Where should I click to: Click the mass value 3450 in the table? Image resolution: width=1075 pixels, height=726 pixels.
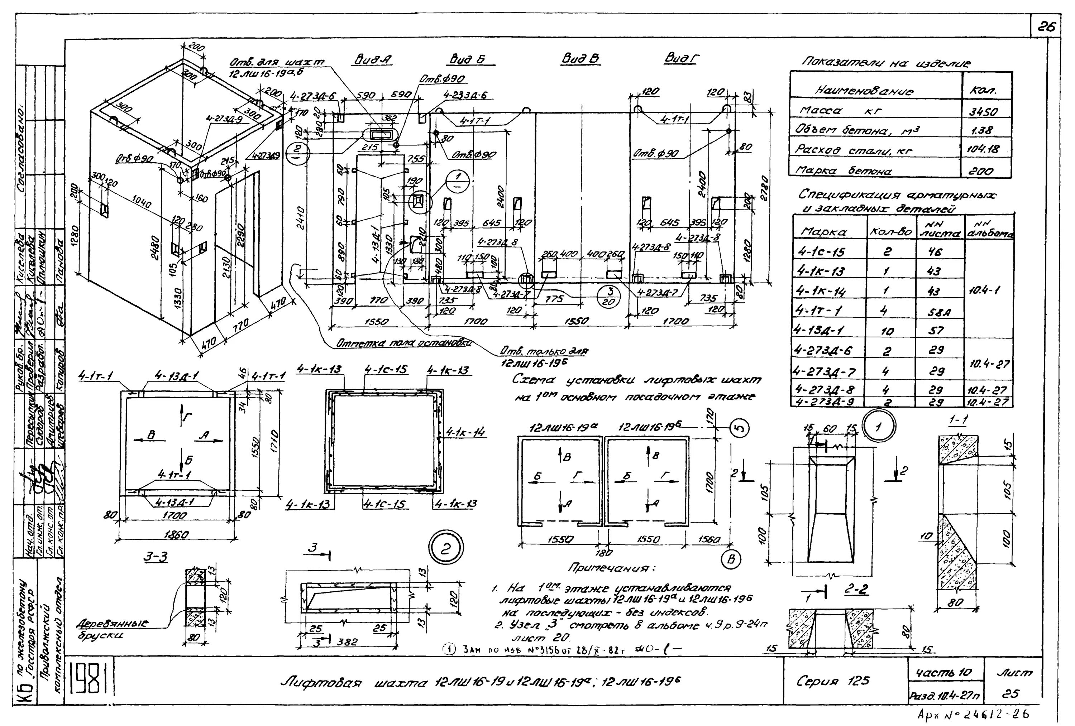[x=985, y=112]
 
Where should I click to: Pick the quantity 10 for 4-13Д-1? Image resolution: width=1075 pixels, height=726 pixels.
[x=887, y=331]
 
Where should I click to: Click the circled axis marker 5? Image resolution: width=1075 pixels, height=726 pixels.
[x=740, y=428]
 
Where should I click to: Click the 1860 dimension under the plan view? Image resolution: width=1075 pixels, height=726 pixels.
[x=176, y=535]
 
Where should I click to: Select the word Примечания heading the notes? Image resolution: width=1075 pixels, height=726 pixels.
[x=612, y=567]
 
